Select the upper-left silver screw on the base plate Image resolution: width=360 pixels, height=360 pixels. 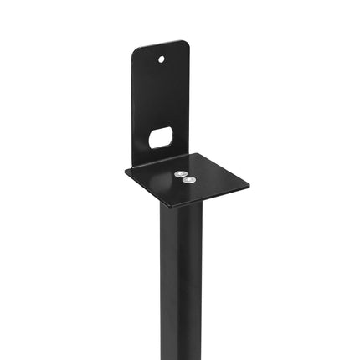[178, 173]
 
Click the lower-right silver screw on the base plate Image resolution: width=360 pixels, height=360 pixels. [189, 180]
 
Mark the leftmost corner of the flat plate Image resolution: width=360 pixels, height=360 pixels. [126, 173]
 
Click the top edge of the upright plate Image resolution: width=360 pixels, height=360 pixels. [159, 44]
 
